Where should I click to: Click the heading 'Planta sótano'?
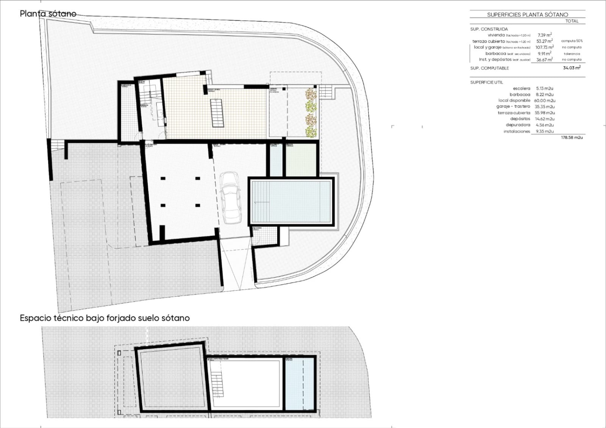click(x=48, y=14)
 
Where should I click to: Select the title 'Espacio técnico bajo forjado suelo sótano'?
click(x=105, y=318)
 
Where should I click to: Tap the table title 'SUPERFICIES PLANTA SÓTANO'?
click(x=527, y=15)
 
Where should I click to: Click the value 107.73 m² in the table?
click(x=544, y=47)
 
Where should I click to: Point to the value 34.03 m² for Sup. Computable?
click(x=572, y=68)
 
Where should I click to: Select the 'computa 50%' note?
click(x=572, y=41)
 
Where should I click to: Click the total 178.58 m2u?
click(x=572, y=137)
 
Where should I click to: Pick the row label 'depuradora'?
click(x=518, y=125)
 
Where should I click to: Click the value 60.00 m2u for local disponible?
click(x=544, y=101)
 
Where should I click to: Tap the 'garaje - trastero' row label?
click(x=513, y=107)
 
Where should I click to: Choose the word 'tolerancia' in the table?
click(x=572, y=54)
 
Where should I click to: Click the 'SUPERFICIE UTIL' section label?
click(x=486, y=82)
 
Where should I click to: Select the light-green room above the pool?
click(x=300, y=160)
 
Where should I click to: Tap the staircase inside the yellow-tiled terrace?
click(x=217, y=113)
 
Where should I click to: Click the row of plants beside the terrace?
click(x=311, y=112)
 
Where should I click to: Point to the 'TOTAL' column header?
click(x=572, y=21)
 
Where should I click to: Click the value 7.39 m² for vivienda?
click(x=544, y=35)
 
